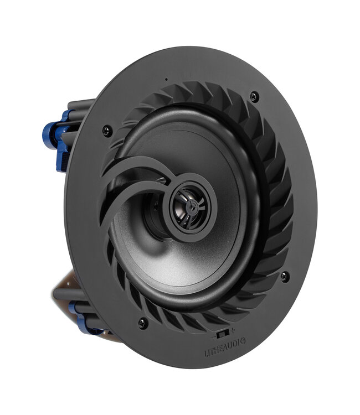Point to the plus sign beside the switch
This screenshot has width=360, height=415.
[233, 331]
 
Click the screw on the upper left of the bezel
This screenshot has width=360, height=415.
[107, 131]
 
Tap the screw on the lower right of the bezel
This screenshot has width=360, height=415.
[285, 276]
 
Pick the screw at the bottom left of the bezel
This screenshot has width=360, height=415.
[142, 323]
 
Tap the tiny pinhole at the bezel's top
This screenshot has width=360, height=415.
[166, 79]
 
